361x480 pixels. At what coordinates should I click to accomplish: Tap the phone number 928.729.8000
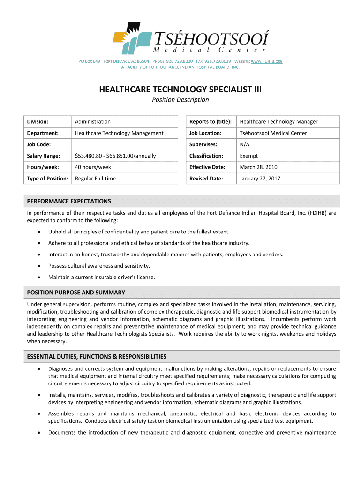point(180,61)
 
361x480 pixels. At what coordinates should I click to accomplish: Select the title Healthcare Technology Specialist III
point(180,89)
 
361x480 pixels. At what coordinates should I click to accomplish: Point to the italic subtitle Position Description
point(180,100)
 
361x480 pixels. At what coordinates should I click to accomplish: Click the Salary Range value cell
point(124,156)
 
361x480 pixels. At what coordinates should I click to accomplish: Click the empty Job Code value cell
point(124,144)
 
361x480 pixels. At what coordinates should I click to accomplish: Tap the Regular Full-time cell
point(95,179)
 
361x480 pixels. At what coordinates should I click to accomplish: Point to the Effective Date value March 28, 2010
point(259,167)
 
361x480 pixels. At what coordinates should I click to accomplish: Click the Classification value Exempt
point(248,156)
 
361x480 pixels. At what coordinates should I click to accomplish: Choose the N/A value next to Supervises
point(244,144)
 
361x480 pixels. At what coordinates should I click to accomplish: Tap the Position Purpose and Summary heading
point(76,292)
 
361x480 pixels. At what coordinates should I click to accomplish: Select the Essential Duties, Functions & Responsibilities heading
point(97,357)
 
